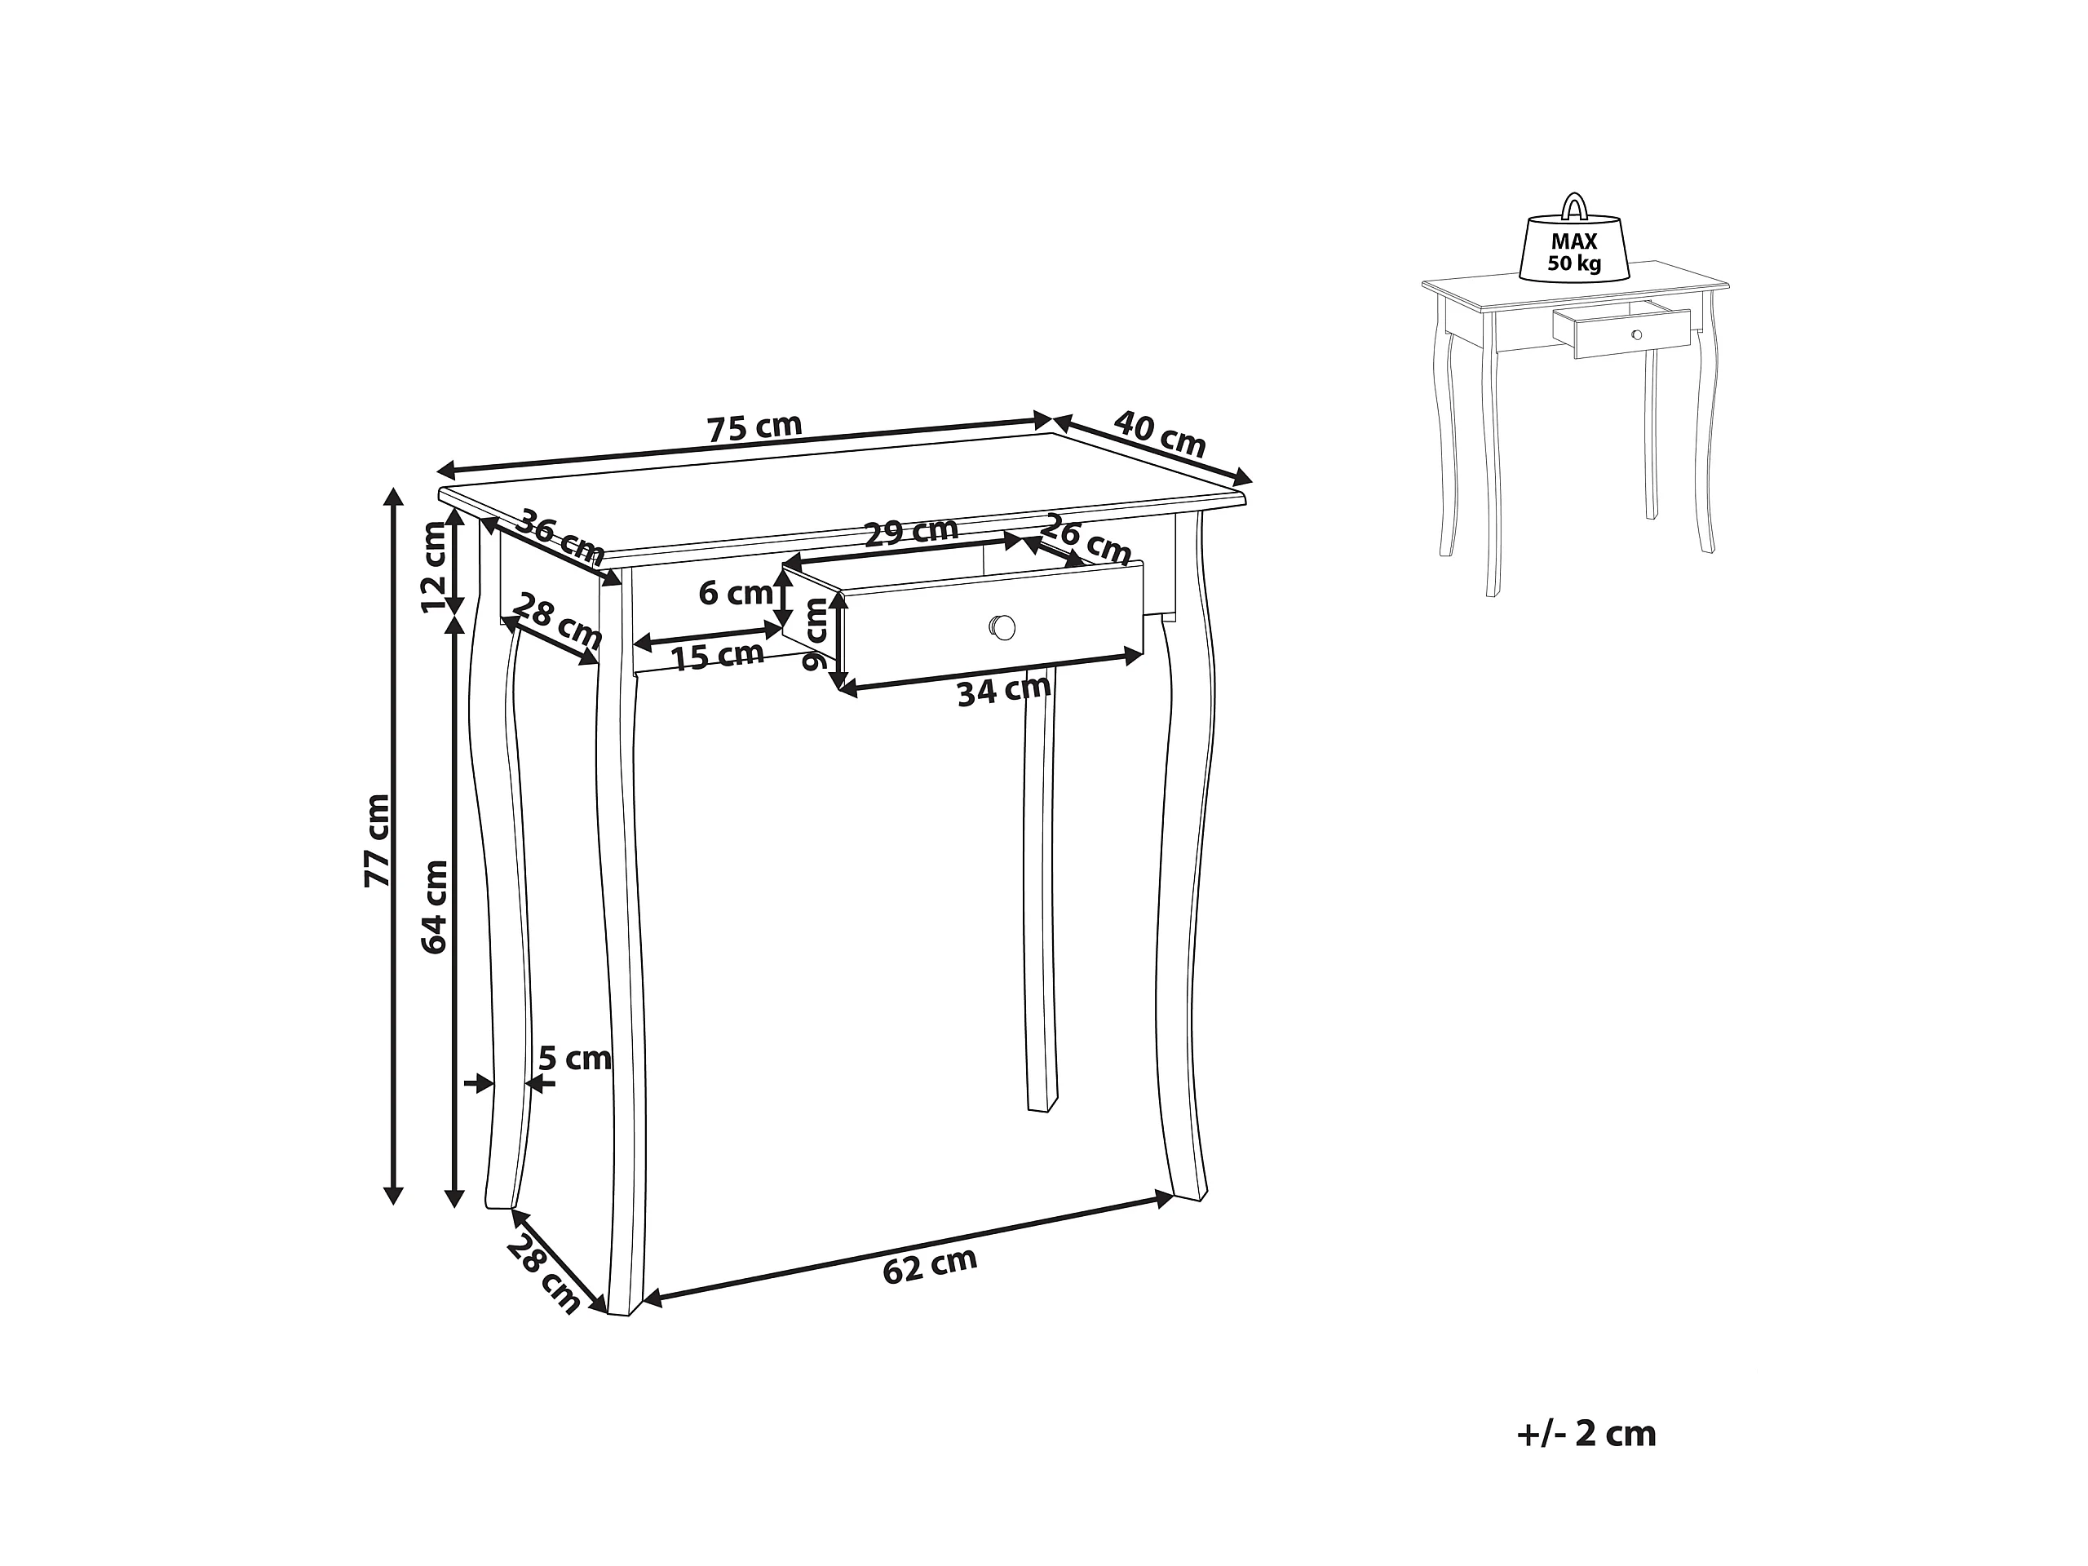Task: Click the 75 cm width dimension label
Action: point(754,427)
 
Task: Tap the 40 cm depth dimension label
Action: point(1160,433)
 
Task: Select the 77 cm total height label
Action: point(377,840)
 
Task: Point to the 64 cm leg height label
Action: point(434,906)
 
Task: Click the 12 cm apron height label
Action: point(434,566)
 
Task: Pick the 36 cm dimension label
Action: point(563,534)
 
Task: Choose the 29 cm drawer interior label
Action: point(912,532)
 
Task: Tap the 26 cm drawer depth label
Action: point(1086,540)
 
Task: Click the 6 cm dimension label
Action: point(736,593)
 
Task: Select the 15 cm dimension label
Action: point(719,655)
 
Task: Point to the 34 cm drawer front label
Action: point(1003,690)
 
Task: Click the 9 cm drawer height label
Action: point(814,635)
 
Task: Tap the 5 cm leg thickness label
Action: point(575,1058)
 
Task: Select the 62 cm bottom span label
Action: point(930,1265)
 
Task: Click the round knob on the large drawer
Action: point(1002,626)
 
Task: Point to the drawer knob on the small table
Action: point(1636,335)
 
